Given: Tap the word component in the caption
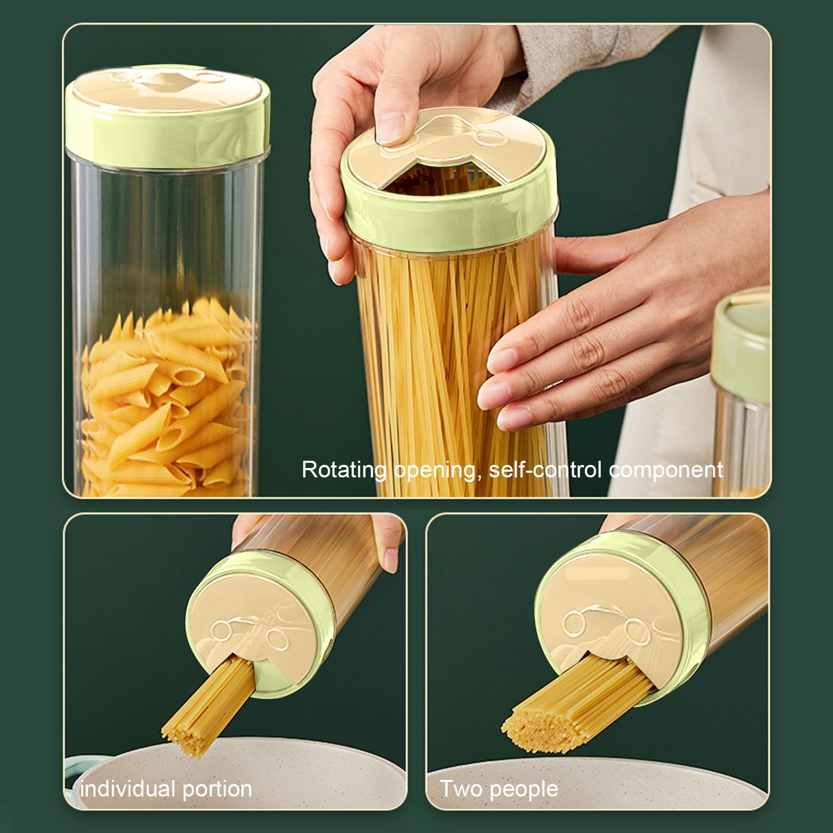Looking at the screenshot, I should [x=666, y=470].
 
